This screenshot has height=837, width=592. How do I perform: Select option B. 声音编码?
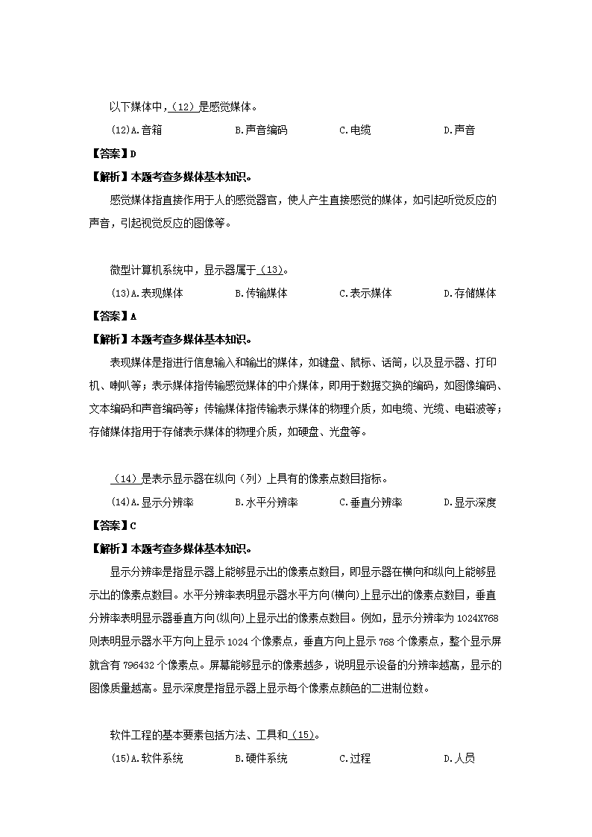[x=261, y=130]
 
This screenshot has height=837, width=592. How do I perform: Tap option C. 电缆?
[x=355, y=130]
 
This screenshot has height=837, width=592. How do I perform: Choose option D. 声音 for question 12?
[x=459, y=130]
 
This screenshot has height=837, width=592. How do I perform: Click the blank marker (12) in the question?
[x=183, y=107]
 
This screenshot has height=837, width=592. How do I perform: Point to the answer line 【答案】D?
[x=113, y=154]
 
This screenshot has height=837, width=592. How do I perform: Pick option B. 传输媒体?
[x=261, y=294]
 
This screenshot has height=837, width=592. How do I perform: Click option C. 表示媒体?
[x=365, y=294]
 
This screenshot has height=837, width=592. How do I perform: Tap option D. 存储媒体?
[x=470, y=294]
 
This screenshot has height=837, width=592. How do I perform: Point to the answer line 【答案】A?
[x=113, y=316]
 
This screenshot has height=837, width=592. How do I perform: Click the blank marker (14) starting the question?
[x=125, y=478]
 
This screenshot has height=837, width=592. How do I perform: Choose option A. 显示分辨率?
[x=162, y=502]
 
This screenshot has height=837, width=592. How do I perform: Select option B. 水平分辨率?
[x=266, y=502]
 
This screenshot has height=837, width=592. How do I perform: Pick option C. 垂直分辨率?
[x=371, y=502]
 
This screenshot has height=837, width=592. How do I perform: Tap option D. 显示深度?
[x=470, y=502]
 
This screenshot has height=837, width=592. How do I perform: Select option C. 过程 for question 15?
[x=355, y=759]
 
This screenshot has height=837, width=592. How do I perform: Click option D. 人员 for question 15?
[x=459, y=759]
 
